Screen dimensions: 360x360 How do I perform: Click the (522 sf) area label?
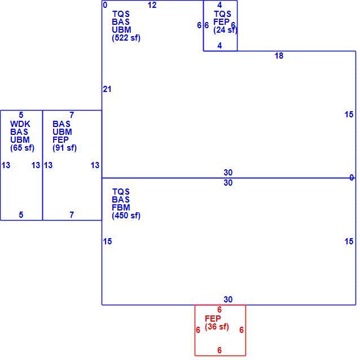126,38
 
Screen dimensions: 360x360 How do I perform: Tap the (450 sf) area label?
126,216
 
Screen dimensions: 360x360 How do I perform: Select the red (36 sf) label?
217,327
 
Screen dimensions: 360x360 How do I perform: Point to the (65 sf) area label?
22,148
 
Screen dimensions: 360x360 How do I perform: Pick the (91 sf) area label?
64,148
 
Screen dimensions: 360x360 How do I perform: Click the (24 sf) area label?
225,30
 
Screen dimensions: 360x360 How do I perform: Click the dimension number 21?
107,89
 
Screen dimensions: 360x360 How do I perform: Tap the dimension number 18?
279,56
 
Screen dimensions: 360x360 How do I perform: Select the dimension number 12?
152,5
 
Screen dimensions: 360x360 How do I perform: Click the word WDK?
20,124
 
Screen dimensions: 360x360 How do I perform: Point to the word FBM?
121,207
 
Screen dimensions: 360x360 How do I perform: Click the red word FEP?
213,318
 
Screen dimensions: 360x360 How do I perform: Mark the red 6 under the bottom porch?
219,350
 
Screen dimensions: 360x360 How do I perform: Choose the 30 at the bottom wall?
228,300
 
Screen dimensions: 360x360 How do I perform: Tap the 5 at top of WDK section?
21,115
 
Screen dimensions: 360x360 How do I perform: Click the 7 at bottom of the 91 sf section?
72,214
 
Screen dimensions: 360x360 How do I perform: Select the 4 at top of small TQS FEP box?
219,5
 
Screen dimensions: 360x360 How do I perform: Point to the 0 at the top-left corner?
105,5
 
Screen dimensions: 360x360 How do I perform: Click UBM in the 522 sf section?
121,29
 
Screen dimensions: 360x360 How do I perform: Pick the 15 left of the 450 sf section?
107,242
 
